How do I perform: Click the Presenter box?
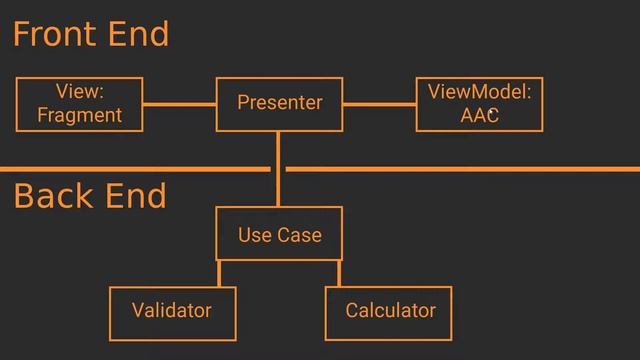pyautogui.click(x=279, y=104)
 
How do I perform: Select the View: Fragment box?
pyautogui.click(x=79, y=104)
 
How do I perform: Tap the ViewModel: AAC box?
pyautogui.click(x=479, y=104)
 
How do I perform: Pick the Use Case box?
pyautogui.click(x=279, y=234)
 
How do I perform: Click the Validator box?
pyautogui.click(x=172, y=311)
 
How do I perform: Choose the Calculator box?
pyautogui.click(x=389, y=311)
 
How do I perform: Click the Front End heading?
pyautogui.click(x=90, y=35)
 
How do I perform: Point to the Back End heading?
pyautogui.click(x=90, y=197)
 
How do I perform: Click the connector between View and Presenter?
pyautogui.click(x=180, y=104)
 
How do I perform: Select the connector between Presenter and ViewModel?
pyautogui.click(x=379, y=104)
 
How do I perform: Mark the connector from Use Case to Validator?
pyautogui.click(x=219, y=273)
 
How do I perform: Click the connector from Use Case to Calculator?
pyautogui.click(x=339, y=273)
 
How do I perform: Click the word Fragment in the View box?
pyautogui.click(x=79, y=116)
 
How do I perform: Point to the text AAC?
pyautogui.click(x=479, y=116)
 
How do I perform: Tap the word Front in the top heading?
pyautogui.click(x=52, y=35)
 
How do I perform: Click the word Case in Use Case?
pyautogui.click(x=299, y=235)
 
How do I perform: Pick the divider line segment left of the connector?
pyautogui.click(x=135, y=169)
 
